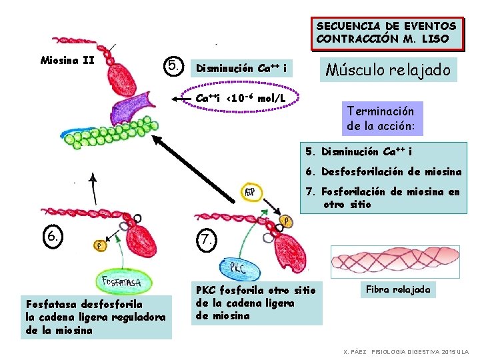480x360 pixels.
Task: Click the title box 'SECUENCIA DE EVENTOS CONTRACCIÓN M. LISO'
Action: (x=387, y=33)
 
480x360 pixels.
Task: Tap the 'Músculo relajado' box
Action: (x=389, y=69)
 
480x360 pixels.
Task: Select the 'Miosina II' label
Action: (x=67, y=61)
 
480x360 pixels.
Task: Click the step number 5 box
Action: (x=173, y=65)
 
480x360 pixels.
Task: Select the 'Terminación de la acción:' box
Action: (x=380, y=119)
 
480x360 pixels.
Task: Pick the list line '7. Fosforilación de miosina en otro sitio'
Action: (x=383, y=198)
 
